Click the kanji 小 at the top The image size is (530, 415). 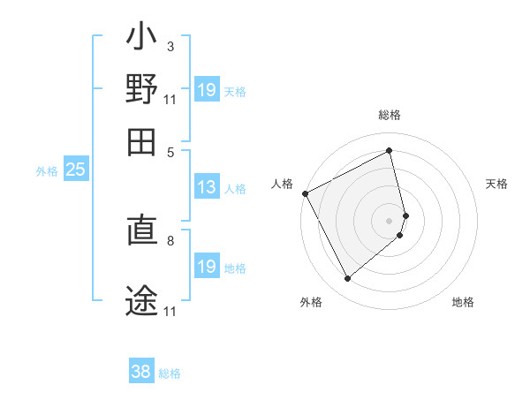(x=141, y=41)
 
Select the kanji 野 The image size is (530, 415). (x=141, y=90)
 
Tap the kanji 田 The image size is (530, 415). (x=141, y=140)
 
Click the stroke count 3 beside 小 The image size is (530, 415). (x=170, y=46)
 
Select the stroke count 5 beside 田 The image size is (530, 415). (x=170, y=151)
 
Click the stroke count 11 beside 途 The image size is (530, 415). (x=170, y=312)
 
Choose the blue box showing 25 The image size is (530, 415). (x=75, y=170)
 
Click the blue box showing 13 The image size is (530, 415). (x=207, y=187)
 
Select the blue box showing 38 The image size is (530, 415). (x=141, y=373)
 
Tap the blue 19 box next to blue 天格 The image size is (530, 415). (x=207, y=90)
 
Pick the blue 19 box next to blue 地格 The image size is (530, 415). (x=207, y=267)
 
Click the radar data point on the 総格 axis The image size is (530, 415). (x=390, y=150)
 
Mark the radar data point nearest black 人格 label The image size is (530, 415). (x=305, y=193)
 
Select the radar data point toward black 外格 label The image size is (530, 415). (x=347, y=279)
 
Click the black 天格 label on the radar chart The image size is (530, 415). (x=497, y=184)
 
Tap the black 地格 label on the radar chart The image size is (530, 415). (x=463, y=303)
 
